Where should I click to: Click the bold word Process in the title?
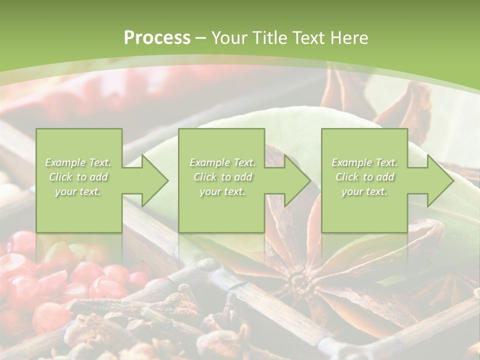coord(157,38)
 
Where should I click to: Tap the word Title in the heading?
coord(270,38)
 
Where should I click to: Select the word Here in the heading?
coord(349,38)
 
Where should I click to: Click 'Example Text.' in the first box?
coord(78,162)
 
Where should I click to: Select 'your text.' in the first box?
coord(78,191)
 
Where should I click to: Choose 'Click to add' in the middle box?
coord(222,177)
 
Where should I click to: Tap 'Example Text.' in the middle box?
coord(222,162)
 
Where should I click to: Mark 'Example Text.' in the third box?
coord(364,162)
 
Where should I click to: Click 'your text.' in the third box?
coord(364,191)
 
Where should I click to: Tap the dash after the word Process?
coord(201,38)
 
